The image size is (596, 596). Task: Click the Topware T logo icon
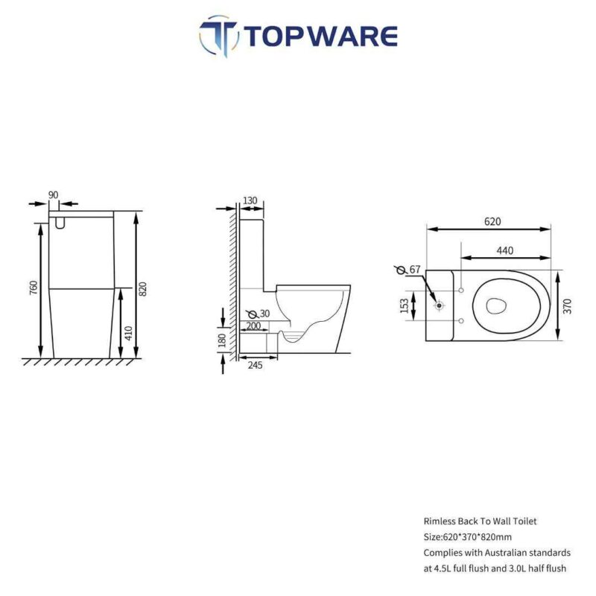tap(219, 36)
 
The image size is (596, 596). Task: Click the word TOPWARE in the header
tap(320, 36)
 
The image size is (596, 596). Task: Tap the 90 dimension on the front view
tap(54, 195)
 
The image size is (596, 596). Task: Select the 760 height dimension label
tap(34, 288)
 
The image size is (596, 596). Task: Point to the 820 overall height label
tap(142, 289)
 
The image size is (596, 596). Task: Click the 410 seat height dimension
tap(128, 333)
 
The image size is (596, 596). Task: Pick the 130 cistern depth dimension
tap(250, 200)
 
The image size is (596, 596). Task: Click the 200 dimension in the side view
tap(253, 326)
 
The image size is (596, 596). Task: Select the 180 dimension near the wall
tap(223, 340)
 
